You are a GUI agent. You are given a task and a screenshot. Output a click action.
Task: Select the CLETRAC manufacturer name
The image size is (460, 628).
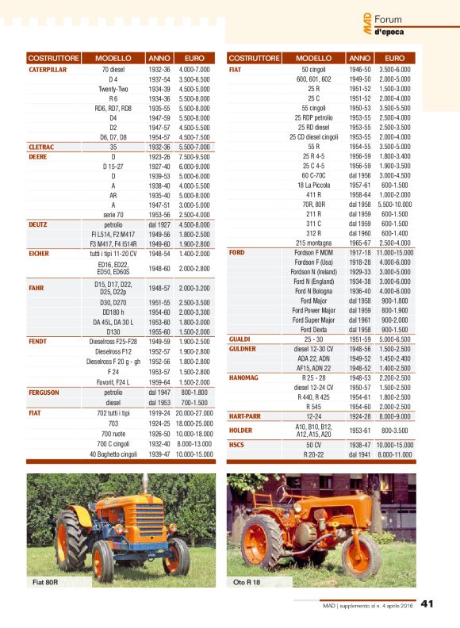coord(40,147)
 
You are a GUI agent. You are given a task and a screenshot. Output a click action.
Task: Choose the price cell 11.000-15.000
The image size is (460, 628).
coord(394,252)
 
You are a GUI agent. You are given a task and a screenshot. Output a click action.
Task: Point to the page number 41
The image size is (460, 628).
coord(427,604)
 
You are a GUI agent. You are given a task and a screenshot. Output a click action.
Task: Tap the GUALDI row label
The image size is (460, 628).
coord(241,339)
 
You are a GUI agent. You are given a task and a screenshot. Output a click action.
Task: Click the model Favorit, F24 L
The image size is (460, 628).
coord(113,382)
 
